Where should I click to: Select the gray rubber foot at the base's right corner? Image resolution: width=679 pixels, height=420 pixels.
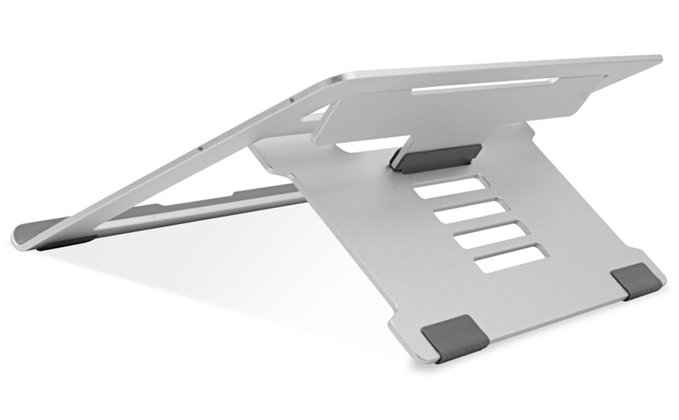[x=638, y=283]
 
